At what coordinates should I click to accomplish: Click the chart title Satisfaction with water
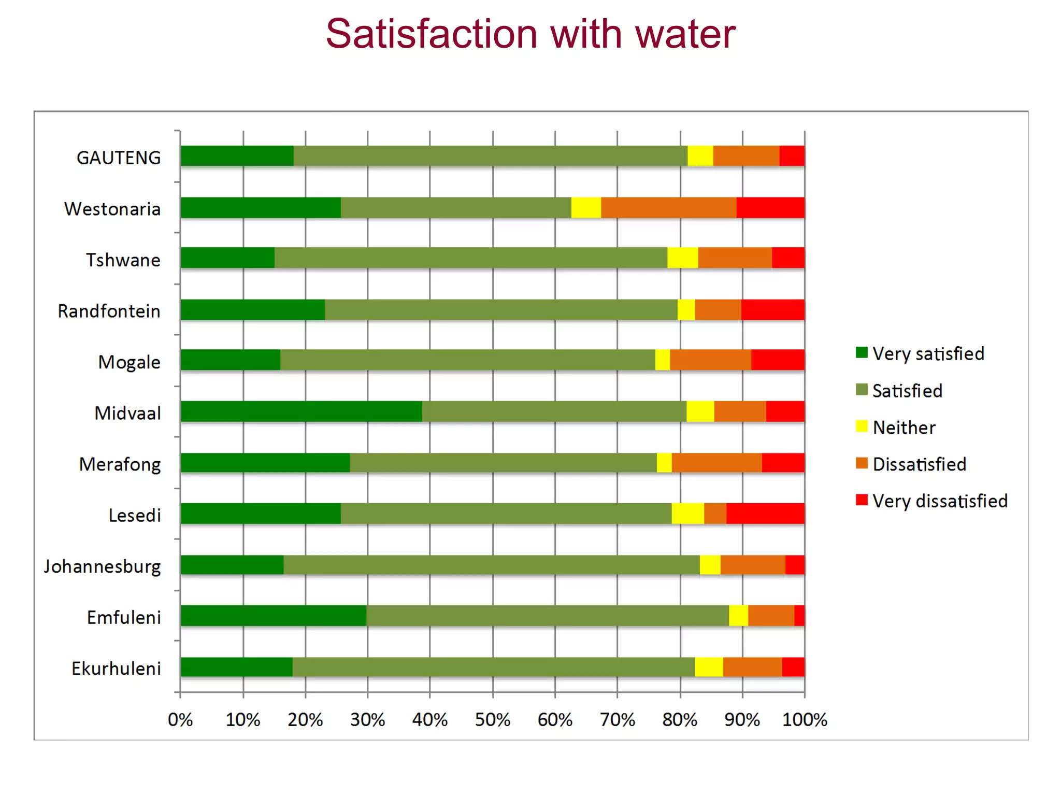[530, 34]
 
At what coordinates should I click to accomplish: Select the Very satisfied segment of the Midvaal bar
[301, 411]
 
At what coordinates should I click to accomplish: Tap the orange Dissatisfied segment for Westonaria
[668, 208]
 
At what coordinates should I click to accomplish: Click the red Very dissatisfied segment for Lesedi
[765, 514]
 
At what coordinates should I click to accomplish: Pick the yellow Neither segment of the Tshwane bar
[682, 258]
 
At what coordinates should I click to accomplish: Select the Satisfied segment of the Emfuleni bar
[547, 616]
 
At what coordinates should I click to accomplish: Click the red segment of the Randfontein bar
[772, 310]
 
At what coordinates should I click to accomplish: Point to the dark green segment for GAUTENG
[237, 156]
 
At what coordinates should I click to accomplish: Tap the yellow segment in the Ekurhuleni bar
[709, 667]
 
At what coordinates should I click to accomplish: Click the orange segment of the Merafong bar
[716, 463]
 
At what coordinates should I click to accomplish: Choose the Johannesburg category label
[102, 566]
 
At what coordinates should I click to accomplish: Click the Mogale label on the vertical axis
[129, 362]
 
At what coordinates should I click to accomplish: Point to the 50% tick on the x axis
[492, 720]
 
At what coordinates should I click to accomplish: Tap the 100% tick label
[804, 720]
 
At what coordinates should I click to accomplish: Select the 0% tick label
[180, 720]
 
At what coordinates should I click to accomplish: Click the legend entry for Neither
[904, 428]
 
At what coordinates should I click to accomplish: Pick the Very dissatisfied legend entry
[939, 501]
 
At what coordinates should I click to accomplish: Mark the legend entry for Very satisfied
[928, 354]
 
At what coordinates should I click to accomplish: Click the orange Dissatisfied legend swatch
[862, 463]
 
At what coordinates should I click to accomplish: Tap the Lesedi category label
[134, 516]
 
